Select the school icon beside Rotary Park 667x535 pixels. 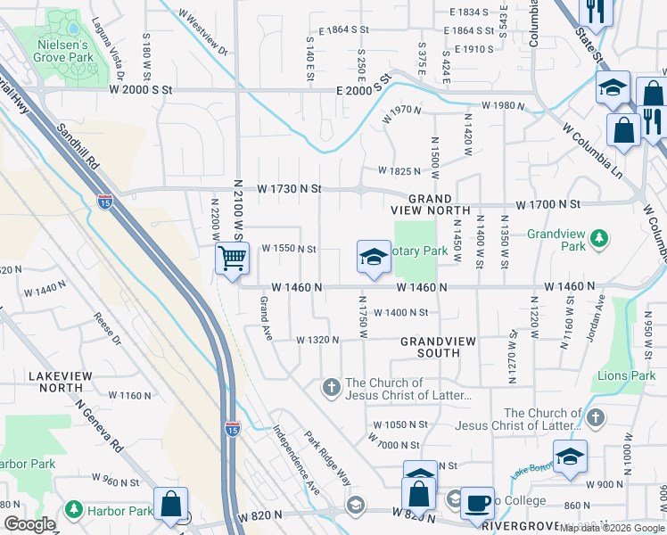point(374,258)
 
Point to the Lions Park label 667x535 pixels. point(625,375)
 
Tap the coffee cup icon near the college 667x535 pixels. point(478,503)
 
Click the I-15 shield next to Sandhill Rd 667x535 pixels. point(105,202)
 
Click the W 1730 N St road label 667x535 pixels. point(289,189)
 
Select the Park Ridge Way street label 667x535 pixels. point(326,458)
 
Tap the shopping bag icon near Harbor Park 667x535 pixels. point(169,504)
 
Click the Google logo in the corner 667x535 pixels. point(29,525)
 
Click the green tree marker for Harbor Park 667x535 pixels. point(72,512)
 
